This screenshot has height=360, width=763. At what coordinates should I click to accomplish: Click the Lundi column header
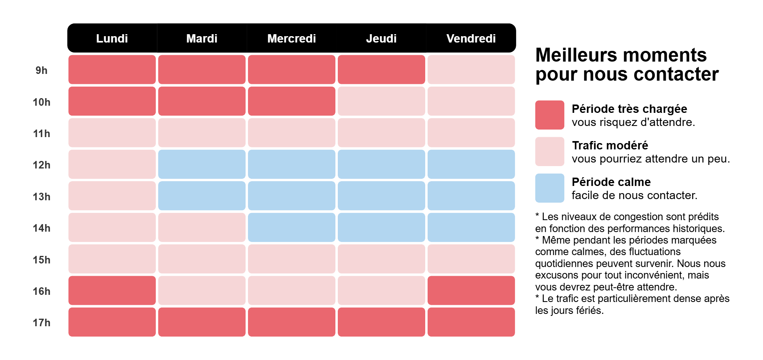coord(112,38)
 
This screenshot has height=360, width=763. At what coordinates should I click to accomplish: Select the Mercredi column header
coord(291,38)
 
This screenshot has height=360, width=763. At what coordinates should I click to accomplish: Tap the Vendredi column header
coord(471,38)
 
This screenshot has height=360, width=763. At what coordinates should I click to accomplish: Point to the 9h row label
coord(41,70)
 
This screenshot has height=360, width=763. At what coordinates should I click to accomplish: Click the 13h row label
coord(41,197)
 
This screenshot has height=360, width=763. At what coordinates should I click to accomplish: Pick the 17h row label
coord(41,323)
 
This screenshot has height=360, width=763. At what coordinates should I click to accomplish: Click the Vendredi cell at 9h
coord(471,70)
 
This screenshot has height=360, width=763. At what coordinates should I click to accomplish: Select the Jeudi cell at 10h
coord(381,101)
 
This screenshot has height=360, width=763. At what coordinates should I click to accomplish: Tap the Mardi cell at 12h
coord(201,164)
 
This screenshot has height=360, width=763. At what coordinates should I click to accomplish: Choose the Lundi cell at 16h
coord(112,290)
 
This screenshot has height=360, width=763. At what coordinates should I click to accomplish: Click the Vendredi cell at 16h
coord(471,290)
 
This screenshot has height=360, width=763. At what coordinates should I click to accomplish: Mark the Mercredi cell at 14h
coord(291,227)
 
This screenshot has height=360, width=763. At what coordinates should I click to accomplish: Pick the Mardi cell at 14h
coord(201,227)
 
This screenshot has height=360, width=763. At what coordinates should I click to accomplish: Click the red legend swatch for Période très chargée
coord(550,115)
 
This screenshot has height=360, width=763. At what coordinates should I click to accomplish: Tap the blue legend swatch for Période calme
coord(550,188)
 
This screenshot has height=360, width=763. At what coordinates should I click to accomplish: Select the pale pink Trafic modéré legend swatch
coord(550,151)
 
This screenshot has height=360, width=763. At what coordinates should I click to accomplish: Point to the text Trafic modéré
coord(610,145)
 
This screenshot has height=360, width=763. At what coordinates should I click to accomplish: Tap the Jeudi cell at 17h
coord(381,322)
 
